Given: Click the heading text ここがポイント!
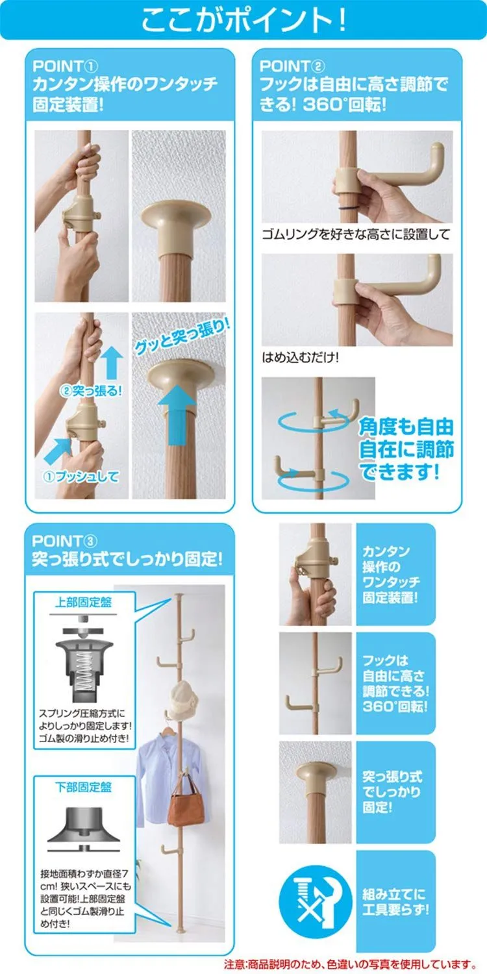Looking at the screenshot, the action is (243, 20).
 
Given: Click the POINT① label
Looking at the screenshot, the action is (65, 66).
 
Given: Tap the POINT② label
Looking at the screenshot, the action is (292, 66).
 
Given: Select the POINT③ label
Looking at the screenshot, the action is (65, 541).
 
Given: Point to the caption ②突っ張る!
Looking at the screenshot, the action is (91, 390).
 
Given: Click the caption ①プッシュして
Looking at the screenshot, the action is (81, 477).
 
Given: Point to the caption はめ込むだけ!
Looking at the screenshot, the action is (300, 357).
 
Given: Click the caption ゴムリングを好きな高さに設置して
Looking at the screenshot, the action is (356, 234).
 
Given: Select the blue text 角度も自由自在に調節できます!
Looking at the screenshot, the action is (406, 449).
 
